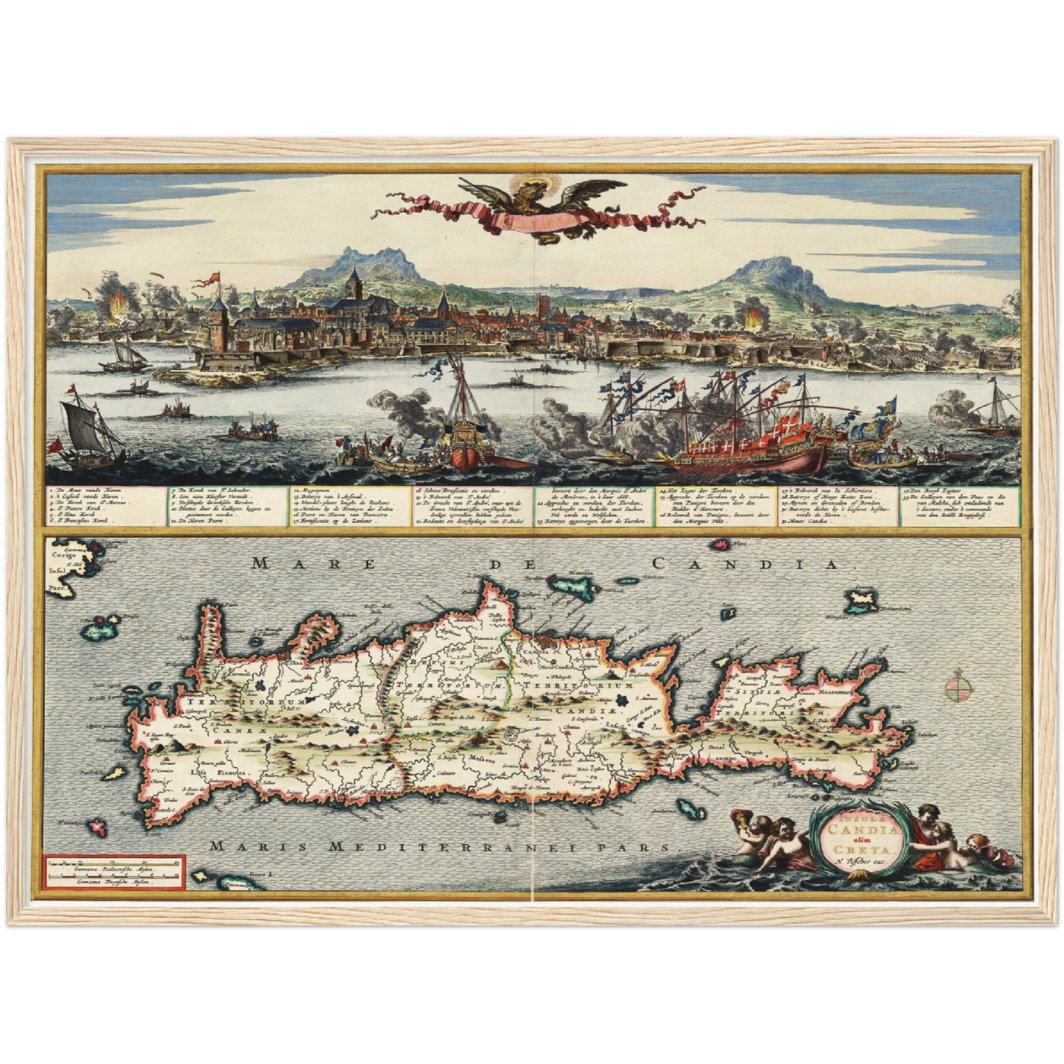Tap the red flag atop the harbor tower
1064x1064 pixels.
click(x=215, y=278)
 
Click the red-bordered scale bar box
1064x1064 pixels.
click(x=113, y=872)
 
